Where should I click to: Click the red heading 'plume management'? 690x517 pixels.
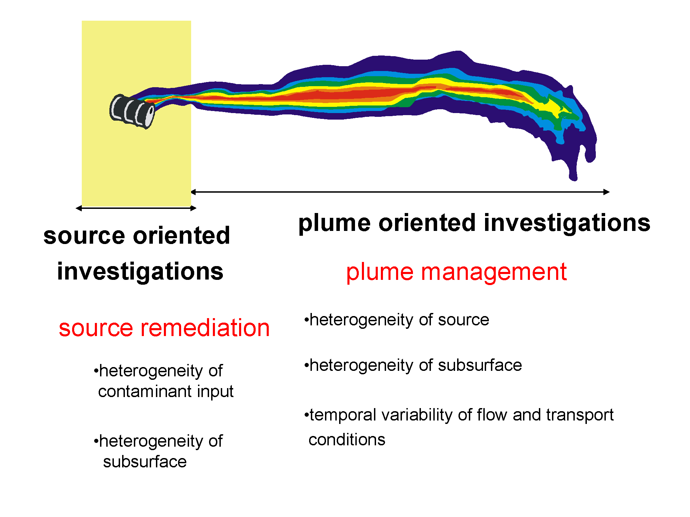[x=456, y=272]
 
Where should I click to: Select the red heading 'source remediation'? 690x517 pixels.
[x=164, y=328]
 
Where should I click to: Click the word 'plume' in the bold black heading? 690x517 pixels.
[x=334, y=223]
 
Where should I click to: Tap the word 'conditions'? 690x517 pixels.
[x=347, y=440]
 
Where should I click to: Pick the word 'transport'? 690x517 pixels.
[x=580, y=415]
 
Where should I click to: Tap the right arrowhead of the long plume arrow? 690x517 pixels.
[x=607, y=192]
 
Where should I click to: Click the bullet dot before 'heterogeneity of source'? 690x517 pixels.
[x=306, y=320]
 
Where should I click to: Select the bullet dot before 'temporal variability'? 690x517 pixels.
[x=306, y=415]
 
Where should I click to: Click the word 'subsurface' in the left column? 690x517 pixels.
[x=145, y=462]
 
